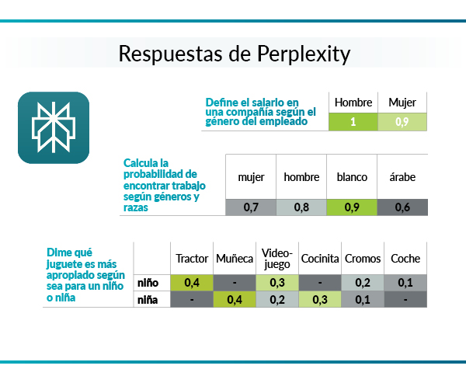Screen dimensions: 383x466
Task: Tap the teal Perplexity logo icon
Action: pos(54,127)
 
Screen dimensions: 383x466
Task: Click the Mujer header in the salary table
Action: pos(402,103)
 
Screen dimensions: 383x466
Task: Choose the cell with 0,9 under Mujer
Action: pos(402,122)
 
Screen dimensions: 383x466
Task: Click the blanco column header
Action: pos(352,177)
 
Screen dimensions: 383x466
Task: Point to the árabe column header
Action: pos(402,177)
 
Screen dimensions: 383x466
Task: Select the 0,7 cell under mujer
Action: pos(251,207)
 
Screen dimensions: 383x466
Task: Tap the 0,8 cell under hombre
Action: pos(301,207)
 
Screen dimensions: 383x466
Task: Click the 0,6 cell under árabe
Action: pos(402,207)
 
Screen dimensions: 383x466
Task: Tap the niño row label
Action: pos(148,283)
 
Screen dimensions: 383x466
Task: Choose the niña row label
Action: pos(148,300)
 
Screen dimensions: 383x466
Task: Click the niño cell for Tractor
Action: pos(192,283)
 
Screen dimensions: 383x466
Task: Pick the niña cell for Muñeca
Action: pos(235,300)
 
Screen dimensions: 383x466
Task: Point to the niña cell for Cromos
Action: pos(363,300)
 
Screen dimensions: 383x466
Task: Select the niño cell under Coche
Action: pos(405,283)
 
